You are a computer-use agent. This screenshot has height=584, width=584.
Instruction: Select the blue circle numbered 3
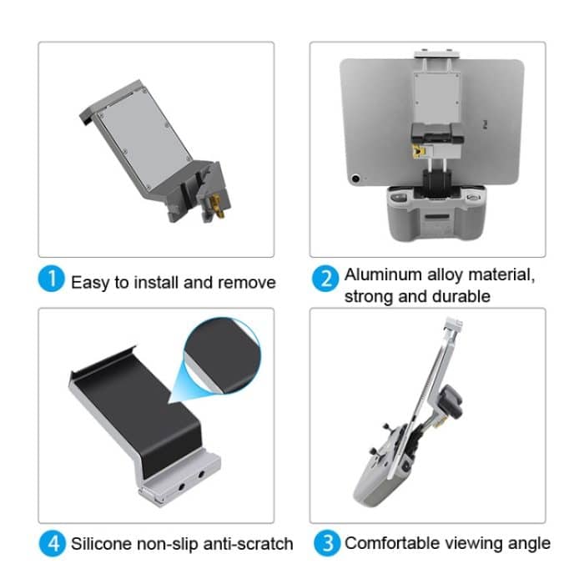pyautogui.click(x=327, y=543)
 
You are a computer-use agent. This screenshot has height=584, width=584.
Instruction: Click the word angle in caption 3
pyautogui.click(x=530, y=544)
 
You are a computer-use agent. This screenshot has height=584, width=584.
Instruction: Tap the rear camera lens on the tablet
pyautogui.click(x=357, y=178)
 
